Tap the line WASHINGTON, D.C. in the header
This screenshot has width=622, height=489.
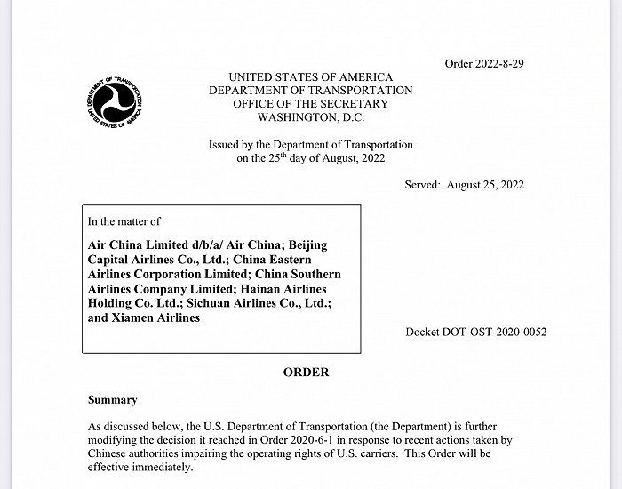310,117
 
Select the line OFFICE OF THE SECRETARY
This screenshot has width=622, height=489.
310,104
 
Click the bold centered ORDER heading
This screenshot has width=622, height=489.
306,373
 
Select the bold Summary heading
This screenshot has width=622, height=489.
112,401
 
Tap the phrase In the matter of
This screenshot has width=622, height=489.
124,221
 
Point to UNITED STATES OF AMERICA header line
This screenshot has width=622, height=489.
310,77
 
